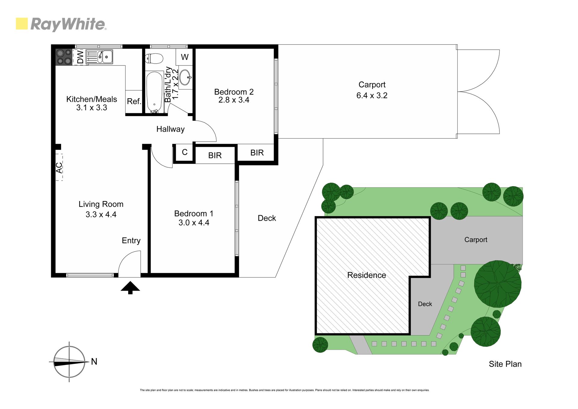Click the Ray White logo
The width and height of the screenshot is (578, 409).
(x=61, y=24)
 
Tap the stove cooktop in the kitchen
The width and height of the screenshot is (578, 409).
(x=64, y=57)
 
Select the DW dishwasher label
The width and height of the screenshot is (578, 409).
(x=80, y=57)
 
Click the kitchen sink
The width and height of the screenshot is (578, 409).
(x=100, y=57)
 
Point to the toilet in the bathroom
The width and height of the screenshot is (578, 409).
(x=154, y=58)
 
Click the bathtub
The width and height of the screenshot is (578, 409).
(x=154, y=92)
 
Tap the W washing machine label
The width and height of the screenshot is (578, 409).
(x=185, y=57)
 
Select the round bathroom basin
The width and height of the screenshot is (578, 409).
(x=185, y=77)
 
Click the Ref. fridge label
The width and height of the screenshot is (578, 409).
(x=134, y=101)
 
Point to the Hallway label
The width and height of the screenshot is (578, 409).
(x=170, y=129)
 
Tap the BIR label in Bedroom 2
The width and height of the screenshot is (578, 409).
(x=257, y=153)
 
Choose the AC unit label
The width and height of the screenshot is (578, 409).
(x=59, y=168)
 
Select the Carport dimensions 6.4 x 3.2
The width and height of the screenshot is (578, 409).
(x=372, y=96)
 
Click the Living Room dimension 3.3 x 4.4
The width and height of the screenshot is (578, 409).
(x=101, y=215)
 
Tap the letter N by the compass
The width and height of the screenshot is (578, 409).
(x=94, y=361)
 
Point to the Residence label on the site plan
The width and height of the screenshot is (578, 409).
(x=366, y=275)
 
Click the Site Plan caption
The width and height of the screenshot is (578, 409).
(x=505, y=364)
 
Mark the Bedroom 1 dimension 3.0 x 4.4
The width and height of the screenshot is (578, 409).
(x=194, y=223)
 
